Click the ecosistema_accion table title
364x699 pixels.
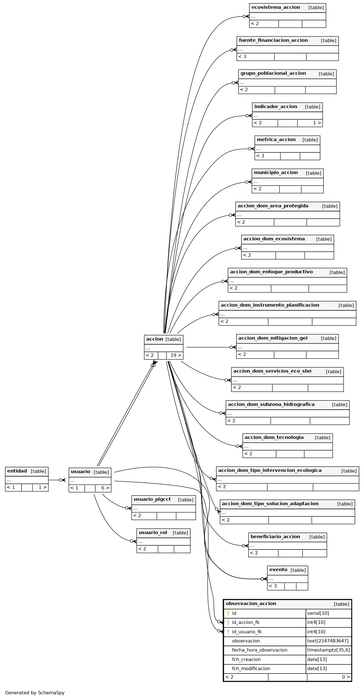point(275,7)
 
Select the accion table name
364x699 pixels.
point(155,339)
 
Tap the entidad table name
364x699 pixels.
point(17,471)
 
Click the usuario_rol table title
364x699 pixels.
point(153,532)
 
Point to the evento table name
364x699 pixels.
point(278,570)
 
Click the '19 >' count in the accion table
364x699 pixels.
point(176,355)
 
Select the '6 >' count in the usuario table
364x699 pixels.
point(105,488)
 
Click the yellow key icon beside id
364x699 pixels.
point(228,613)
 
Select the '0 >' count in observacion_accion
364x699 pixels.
point(346,677)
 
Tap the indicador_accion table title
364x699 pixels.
point(275,106)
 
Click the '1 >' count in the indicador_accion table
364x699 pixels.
point(317,123)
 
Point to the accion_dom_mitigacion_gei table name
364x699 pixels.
point(273,338)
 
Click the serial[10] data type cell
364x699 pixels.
point(318,613)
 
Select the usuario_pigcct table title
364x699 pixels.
point(152,499)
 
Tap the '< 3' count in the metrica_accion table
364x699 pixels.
point(260,156)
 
